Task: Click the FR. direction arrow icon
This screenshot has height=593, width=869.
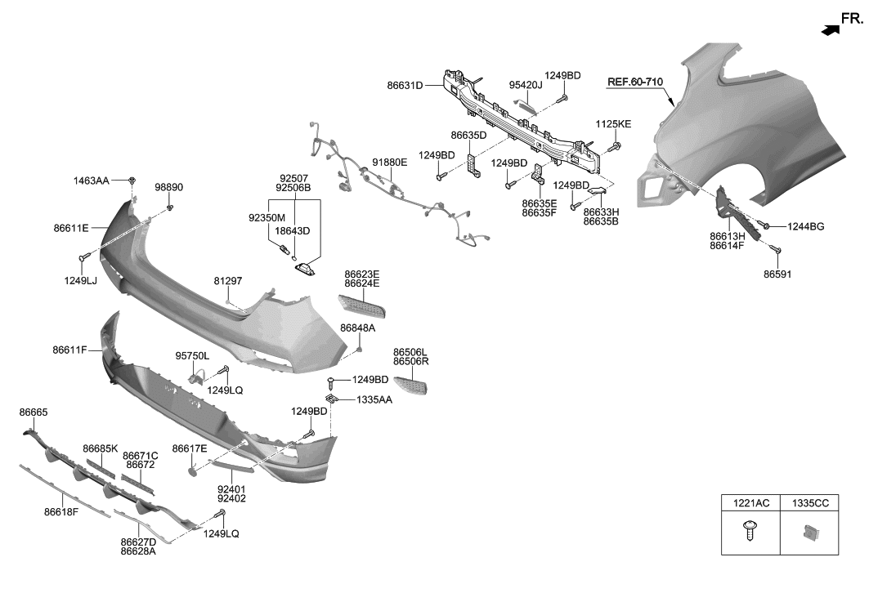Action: coord(830,29)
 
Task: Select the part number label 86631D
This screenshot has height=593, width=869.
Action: coord(405,85)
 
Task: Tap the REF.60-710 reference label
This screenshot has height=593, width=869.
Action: coord(634,82)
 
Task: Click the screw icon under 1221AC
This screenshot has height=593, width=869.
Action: coord(750,532)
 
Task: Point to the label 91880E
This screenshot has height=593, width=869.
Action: coord(389,163)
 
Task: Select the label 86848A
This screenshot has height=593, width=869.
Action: coord(358,328)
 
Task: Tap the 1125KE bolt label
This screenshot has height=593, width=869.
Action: coord(614,124)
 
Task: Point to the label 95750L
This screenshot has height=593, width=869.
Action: coord(192,356)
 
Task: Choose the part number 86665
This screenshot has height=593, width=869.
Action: coord(34,413)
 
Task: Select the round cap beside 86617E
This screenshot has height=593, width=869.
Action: coord(194,471)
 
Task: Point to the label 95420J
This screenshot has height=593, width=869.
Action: coord(526,84)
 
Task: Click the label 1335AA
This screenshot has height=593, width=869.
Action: coord(374,400)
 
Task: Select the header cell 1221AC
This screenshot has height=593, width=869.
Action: coord(750,504)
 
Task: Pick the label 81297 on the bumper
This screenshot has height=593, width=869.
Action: coord(228,281)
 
